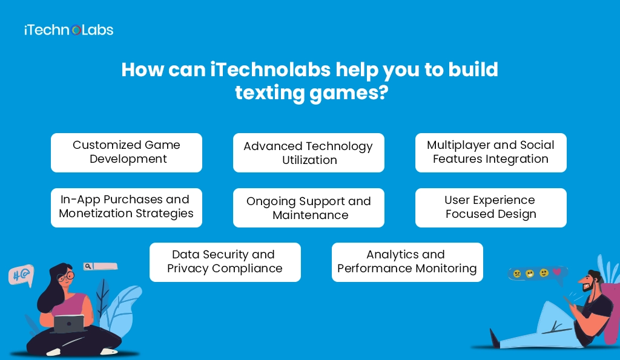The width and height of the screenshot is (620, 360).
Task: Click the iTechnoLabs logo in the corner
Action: tap(68, 30)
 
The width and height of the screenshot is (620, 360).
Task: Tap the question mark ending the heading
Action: tap(381, 93)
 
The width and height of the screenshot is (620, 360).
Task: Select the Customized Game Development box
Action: tap(127, 152)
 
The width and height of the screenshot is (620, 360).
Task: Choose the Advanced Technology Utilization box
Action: tap(309, 153)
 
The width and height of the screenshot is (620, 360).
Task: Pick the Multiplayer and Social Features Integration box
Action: tap(490, 152)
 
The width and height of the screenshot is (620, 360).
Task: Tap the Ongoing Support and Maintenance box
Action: tap(309, 208)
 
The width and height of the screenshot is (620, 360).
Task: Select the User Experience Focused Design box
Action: tap(490, 208)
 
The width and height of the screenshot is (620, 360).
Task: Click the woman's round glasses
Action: tap(66, 277)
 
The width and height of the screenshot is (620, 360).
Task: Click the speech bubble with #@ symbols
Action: tap(20, 275)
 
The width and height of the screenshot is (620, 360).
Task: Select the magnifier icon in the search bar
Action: tap(88, 266)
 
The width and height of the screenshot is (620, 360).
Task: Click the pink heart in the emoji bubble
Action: tap(556, 272)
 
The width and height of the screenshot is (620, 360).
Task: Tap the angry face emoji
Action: tap(517, 273)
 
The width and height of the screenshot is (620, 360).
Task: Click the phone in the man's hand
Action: tap(567, 300)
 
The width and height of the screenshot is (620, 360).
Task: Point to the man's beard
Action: tap(586, 289)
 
